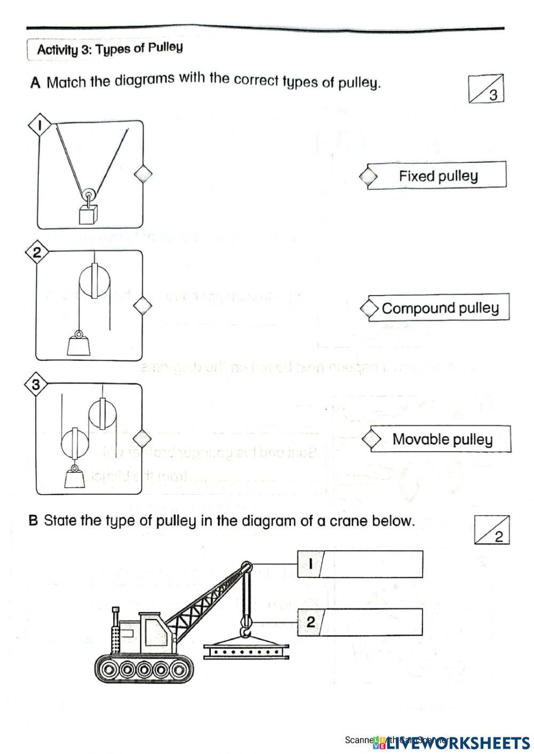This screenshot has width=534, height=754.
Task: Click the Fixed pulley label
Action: click(x=438, y=176)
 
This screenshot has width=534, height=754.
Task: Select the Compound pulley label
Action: click(x=440, y=308)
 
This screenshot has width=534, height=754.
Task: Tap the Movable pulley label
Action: click(x=442, y=439)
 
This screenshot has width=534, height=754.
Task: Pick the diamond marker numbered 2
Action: click(x=37, y=252)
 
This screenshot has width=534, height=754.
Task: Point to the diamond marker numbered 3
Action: click(x=36, y=385)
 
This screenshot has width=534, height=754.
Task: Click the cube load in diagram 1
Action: click(x=88, y=215)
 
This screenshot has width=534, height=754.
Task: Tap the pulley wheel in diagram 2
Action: click(x=95, y=280)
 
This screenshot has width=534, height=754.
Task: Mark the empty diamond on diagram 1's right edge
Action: click(x=143, y=174)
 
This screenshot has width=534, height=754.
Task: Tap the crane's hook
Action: click(x=246, y=632)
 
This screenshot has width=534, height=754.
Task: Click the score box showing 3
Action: click(x=486, y=89)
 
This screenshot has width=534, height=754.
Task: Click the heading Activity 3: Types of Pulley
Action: click(x=109, y=49)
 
